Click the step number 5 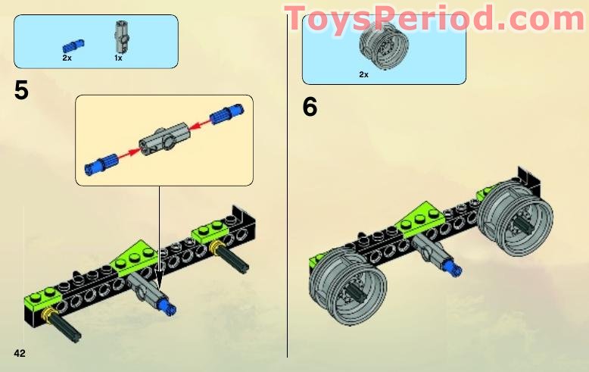click(21, 91)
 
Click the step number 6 click(310, 108)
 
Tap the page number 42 click(20, 353)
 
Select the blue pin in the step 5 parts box click(73, 45)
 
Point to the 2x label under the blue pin click(67, 58)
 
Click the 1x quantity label click(119, 58)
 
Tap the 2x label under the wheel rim click(363, 74)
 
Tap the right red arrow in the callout click(198, 123)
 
